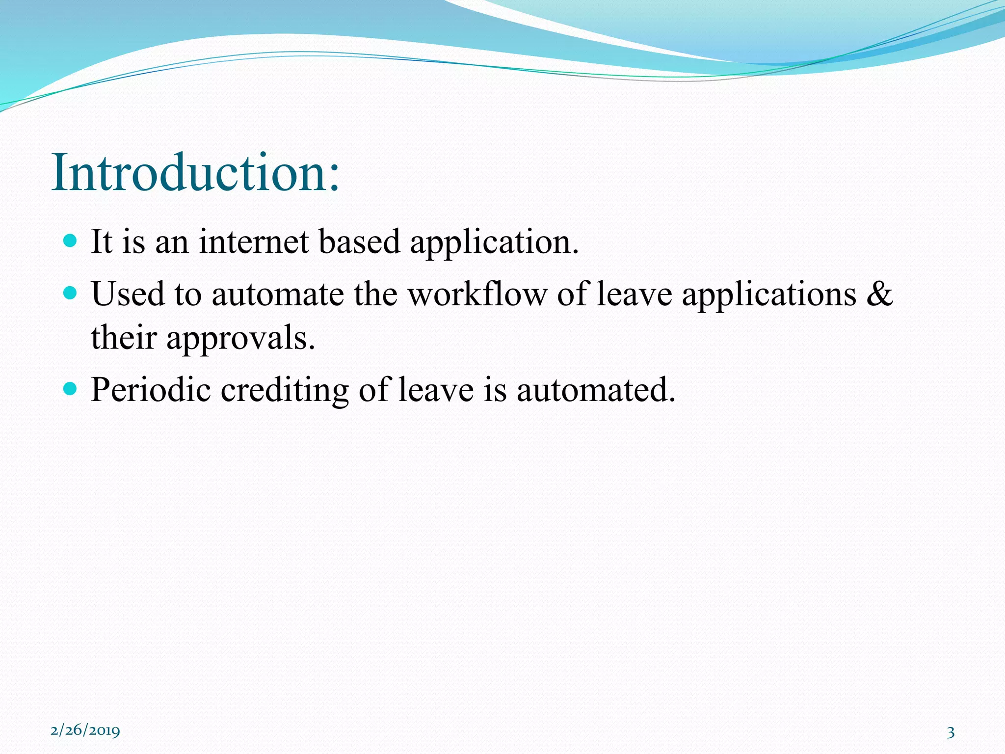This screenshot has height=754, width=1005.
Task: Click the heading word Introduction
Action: (x=195, y=173)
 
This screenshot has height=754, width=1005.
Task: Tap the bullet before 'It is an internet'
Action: (x=71, y=241)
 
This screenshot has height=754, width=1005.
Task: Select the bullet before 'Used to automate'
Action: (x=71, y=293)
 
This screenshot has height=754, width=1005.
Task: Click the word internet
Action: (x=254, y=242)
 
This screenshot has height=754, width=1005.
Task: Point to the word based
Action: (x=359, y=242)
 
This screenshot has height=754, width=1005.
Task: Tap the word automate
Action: (x=278, y=295)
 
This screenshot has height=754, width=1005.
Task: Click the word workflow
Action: (x=477, y=294)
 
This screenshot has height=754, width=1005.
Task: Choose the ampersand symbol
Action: (x=879, y=294)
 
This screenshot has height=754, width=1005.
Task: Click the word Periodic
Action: (x=151, y=390)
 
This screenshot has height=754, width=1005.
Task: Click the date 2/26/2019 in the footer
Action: (x=85, y=730)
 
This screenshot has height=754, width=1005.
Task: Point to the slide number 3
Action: (x=951, y=732)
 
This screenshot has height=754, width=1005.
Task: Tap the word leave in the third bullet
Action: (x=436, y=390)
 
